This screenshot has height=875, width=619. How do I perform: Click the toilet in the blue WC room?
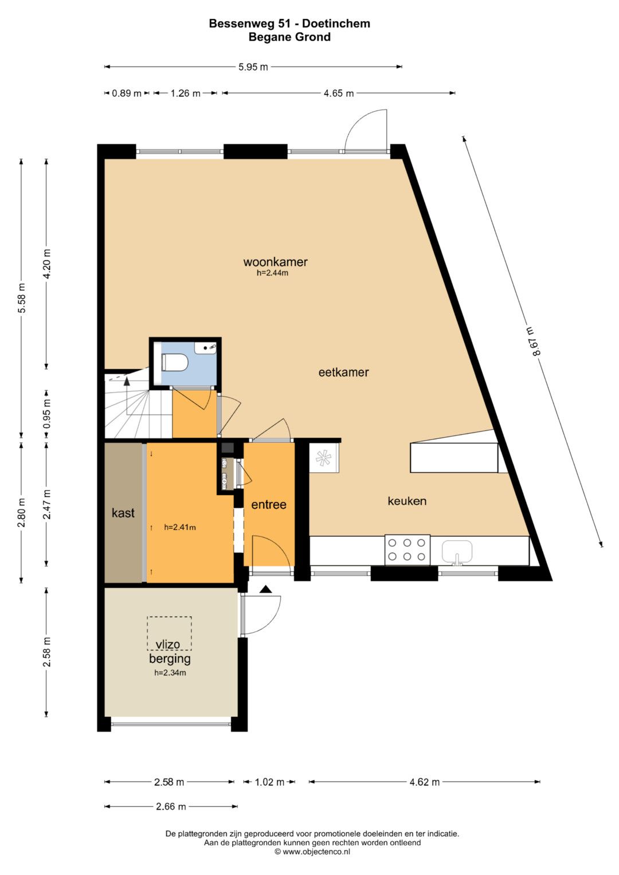(175, 362)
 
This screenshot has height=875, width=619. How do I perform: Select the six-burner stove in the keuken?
(407, 549)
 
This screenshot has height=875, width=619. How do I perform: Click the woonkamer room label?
(276, 261)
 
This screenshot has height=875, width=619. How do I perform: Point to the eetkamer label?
(343, 372)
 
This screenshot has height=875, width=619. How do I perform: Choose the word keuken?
(407, 500)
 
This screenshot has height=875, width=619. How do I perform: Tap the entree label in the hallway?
(269, 504)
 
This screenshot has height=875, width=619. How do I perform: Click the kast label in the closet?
(123, 512)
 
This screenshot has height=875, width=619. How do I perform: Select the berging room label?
(170, 659)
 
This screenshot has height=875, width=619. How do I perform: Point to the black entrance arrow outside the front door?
(266, 589)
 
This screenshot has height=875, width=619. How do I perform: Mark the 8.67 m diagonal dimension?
(533, 342)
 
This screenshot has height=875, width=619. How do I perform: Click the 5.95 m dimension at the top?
(253, 67)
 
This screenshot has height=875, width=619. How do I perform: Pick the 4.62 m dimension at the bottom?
(424, 782)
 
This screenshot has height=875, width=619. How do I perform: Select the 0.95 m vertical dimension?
(47, 413)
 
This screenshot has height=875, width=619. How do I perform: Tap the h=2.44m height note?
(272, 273)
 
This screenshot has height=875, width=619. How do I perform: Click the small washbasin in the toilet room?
(206, 347)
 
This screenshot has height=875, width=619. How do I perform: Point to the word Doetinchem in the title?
(336, 24)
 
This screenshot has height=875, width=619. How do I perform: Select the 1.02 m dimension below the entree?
(269, 782)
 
